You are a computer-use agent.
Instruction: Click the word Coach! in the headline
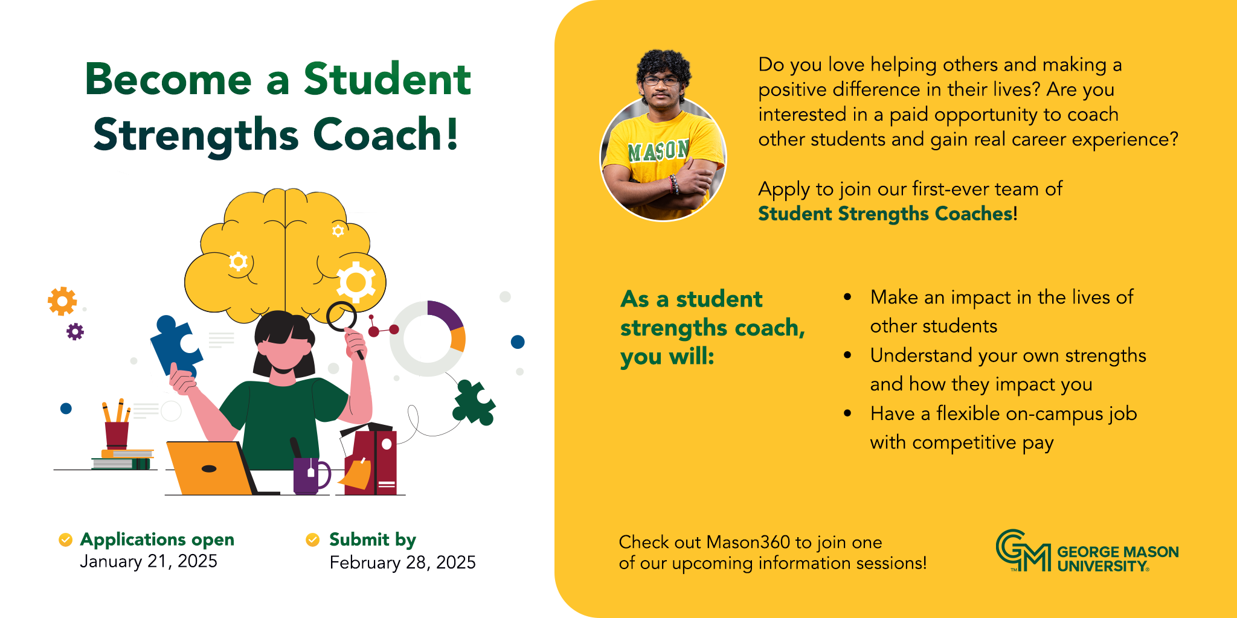click(x=386, y=134)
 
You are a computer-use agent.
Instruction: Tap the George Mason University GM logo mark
click(x=1023, y=550)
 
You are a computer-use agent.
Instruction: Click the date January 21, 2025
click(x=149, y=561)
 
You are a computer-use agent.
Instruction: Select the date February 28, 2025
click(x=402, y=562)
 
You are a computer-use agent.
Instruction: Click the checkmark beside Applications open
click(x=65, y=540)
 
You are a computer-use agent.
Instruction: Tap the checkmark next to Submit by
click(x=313, y=540)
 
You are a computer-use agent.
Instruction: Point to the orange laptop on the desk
click(x=211, y=468)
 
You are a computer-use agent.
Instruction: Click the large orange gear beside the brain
click(x=62, y=301)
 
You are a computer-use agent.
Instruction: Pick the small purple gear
click(x=75, y=331)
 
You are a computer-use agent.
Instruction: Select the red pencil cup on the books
click(x=117, y=435)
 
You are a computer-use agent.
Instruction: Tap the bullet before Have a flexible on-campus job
click(x=848, y=413)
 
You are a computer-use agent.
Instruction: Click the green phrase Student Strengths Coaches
click(x=885, y=214)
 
